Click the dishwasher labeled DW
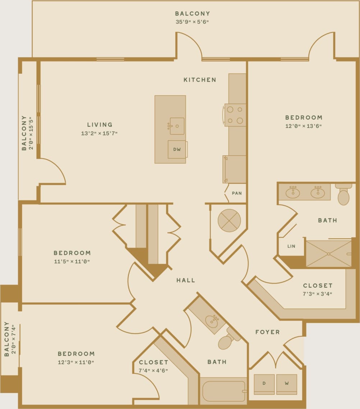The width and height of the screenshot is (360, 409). pyautogui.click(x=177, y=150)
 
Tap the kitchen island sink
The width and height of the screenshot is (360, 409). pyautogui.click(x=177, y=126)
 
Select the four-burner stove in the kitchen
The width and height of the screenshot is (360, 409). pyautogui.click(x=235, y=115)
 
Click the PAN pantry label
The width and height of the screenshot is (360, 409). pyautogui.click(x=237, y=193)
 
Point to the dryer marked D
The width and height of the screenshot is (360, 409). pyautogui.click(x=264, y=384)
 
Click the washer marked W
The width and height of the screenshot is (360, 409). pyautogui.click(x=287, y=384)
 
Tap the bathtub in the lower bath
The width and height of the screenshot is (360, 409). pyautogui.click(x=223, y=391)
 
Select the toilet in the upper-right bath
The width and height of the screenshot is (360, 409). pyautogui.click(x=343, y=195)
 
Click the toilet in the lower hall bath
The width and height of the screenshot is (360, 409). pyautogui.click(x=226, y=341)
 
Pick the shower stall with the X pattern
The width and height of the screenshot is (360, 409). pyautogui.click(x=328, y=254)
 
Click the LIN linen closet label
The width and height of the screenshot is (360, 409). pyautogui.click(x=291, y=246)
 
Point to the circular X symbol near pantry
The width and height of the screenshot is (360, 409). pyautogui.click(x=229, y=220)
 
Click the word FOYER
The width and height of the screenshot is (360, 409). pyautogui.click(x=267, y=332)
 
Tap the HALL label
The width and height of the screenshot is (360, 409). pyautogui.click(x=186, y=280)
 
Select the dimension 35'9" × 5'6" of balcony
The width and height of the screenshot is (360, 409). pyautogui.click(x=192, y=22)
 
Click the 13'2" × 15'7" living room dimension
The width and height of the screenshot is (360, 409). pyautogui.click(x=100, y=133)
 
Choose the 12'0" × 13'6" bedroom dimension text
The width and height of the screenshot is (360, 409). pyautogui.click(x=304, y=126)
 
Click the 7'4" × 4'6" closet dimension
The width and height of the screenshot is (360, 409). pyautogui.click(x=153, y=371)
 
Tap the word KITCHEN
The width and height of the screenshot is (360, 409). pyautogui.click(x=200, y=80)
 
